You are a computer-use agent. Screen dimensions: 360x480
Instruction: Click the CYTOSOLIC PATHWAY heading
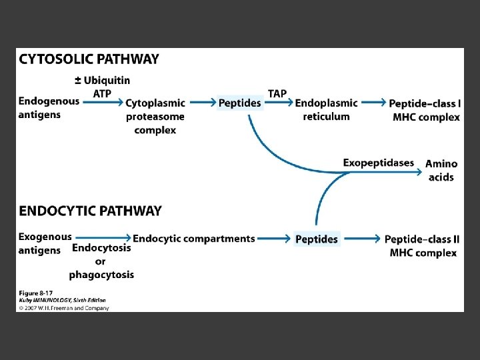tap(89, 59)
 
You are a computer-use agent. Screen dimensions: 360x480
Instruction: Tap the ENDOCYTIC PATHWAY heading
tap(90, 211)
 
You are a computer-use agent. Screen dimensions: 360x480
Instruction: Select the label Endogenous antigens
tap(49, 108)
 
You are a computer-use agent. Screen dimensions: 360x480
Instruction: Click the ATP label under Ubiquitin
tap(102, 93)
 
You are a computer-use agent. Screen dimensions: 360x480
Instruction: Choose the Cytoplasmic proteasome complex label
tap(155, 117)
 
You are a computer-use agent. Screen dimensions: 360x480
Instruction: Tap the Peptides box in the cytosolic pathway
tap(240, 103)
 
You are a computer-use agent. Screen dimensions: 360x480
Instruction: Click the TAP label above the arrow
tap(277, 93)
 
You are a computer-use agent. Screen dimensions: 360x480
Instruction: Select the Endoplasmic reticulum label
tap(326, 110)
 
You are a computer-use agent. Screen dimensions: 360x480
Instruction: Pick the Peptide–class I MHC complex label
tap(425, 111)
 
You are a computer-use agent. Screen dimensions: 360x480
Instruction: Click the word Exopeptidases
tap(378, 163)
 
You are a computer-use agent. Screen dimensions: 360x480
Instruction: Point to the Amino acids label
tap(441, 171)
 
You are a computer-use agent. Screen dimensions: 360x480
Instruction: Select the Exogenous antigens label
tap(45, 243)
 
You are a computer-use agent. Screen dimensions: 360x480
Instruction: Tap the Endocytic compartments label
tap(194, 239)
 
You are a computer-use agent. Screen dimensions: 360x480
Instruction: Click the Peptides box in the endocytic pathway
tap(317, 239)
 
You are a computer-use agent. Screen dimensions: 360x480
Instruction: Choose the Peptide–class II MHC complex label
tap(422, 246)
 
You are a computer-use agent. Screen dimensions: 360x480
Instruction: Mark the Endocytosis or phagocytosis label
tap(101, 261)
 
